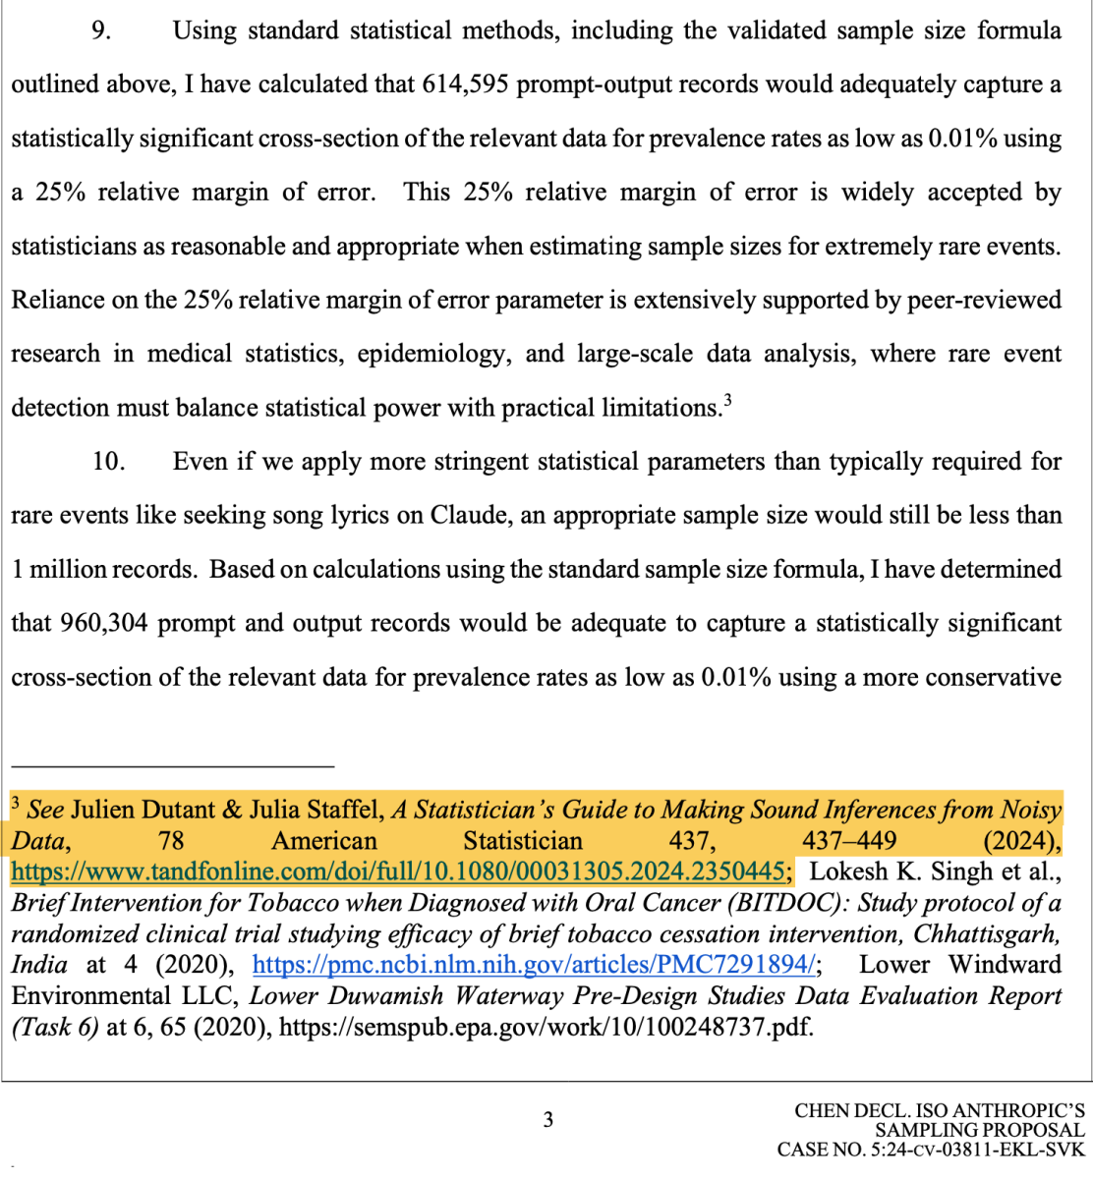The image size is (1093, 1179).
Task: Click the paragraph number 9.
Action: coord(100,30)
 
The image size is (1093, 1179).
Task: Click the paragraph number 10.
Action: coord(108,461)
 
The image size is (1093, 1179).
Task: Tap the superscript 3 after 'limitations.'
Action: coord(727,400)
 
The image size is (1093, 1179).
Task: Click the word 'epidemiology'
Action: coord(433,354)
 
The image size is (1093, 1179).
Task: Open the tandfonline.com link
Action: coord(398,871)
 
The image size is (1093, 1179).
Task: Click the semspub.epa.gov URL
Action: coord(546,1028)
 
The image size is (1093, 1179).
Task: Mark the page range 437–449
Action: coord(848,841)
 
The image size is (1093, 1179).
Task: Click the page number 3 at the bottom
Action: coord(548,1119)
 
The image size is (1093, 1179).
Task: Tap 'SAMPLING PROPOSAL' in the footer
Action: coord(979,1130)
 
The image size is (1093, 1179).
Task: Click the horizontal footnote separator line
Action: coord(173,763)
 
